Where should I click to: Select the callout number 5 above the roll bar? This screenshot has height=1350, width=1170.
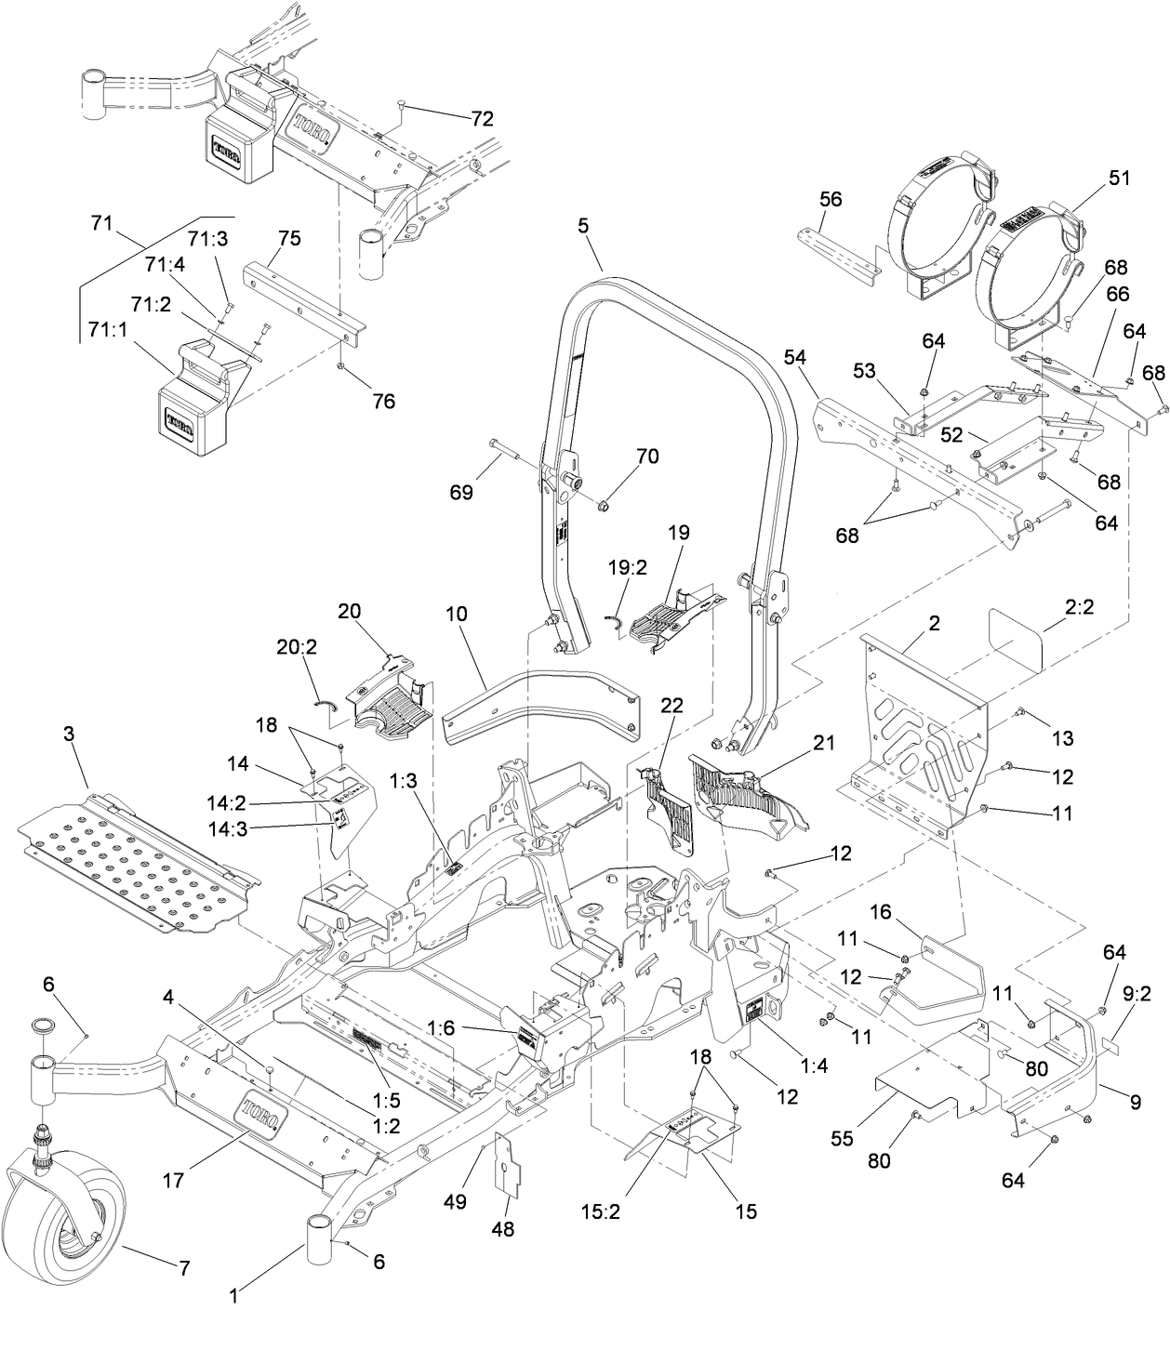583,226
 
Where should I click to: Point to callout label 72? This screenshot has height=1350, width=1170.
482,118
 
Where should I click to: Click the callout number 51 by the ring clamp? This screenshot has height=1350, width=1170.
1120,178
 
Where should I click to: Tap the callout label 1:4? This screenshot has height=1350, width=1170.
813,1066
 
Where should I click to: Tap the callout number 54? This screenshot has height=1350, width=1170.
794,357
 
